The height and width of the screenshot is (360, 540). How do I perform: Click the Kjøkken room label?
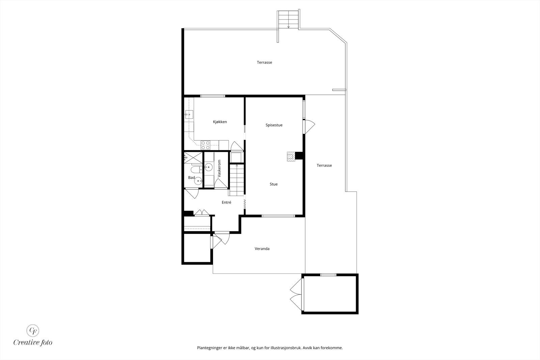click(220, 122)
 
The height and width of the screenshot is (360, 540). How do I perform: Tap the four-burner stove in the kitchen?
click(206, 145)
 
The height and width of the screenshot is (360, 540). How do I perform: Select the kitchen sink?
click(189, 115)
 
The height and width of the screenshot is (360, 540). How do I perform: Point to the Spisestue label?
click(274, 125)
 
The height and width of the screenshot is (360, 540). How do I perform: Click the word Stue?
click(273, 184)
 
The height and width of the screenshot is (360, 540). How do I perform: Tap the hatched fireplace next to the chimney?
click(291, 157)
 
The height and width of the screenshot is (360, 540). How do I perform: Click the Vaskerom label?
click(219, 169)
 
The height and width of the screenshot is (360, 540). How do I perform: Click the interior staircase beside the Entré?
click(237, 179)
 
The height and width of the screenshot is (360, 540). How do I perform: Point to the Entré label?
click(226, 202)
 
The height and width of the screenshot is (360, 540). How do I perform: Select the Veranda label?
click(262, 249)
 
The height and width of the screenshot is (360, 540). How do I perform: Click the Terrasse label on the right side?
click(324, 165)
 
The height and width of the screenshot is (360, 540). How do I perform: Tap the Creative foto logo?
click(33, 335)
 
